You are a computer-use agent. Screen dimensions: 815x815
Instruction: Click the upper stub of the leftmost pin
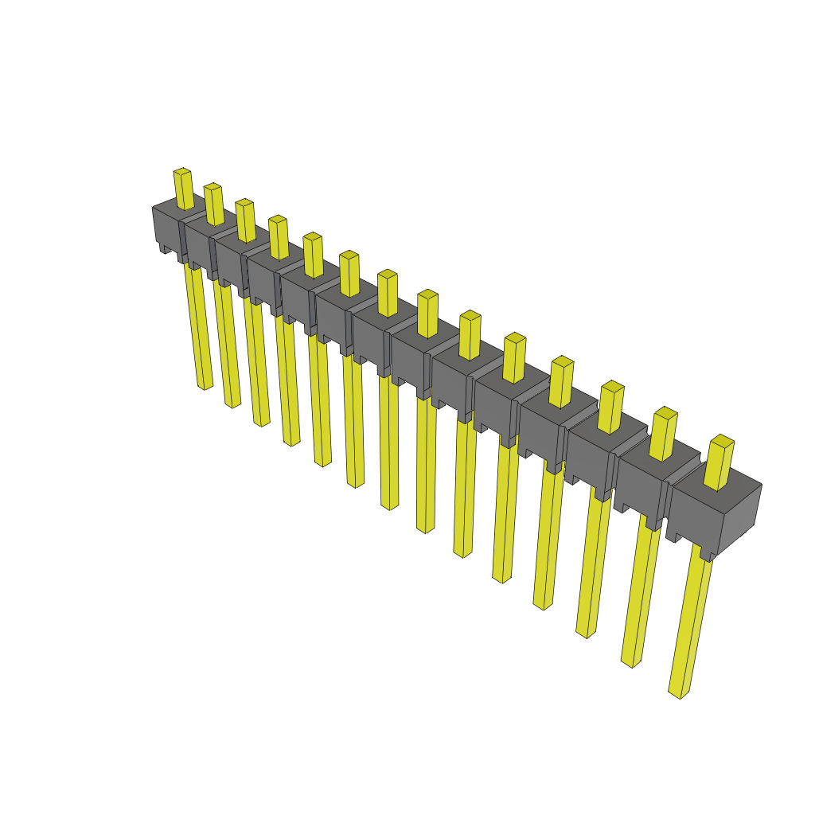pos(184,189)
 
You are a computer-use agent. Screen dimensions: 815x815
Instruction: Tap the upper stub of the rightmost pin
pos(719,463)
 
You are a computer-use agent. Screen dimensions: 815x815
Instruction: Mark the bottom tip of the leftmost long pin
pos(205,385)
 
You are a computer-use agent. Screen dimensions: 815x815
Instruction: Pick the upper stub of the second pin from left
pos(213,204)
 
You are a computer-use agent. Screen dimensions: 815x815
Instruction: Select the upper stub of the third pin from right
pos(610,407)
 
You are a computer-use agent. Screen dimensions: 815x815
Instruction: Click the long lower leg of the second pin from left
pos(226,342)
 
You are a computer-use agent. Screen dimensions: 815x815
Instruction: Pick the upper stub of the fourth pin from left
pos(279,237)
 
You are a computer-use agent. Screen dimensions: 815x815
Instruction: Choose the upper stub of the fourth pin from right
pos(561,382)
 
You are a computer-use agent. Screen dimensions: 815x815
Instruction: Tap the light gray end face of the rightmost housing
pos(739,517)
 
